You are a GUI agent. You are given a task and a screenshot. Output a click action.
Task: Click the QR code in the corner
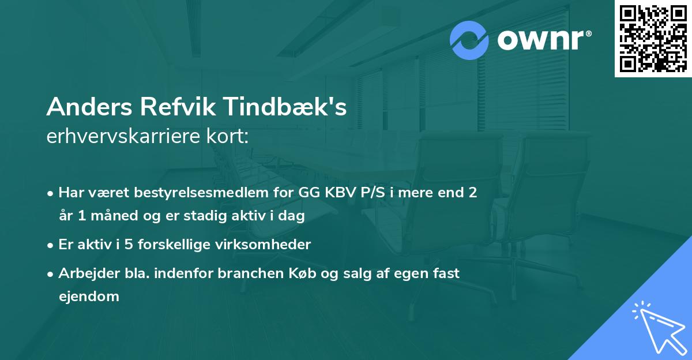653,38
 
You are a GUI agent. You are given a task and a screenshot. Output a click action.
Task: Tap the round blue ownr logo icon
469,40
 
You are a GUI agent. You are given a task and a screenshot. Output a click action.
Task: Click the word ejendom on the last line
89,297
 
